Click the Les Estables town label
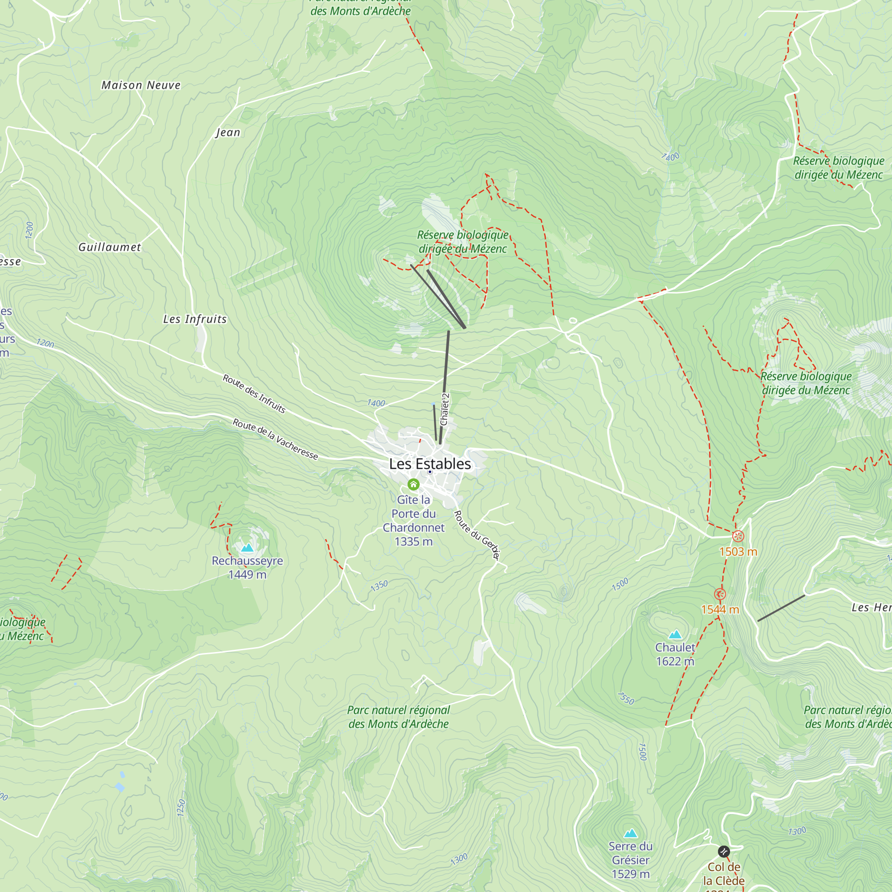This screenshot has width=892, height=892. click(430, 463)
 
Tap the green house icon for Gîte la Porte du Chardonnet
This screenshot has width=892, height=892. click(413, 484)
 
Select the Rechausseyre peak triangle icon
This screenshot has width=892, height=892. click(248, 548)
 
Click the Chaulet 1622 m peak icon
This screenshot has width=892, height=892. click(675, 634)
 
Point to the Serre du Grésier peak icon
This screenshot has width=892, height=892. click(631, 834)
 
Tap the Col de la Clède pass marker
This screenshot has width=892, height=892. click(724, 851)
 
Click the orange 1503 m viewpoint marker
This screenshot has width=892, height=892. click(738, 536)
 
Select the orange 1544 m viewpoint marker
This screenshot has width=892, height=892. click(720, 594)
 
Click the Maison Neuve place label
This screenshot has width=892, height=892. click(141, 86)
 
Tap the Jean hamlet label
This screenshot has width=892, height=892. click(228, 132)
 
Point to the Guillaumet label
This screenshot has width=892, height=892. click(109, 247)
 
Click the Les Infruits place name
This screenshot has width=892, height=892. click(195, 319)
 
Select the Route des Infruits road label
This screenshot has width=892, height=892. click(254, 394)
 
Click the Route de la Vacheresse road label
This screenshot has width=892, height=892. click(275, 439)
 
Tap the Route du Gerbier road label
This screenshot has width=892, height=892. click(477, 535)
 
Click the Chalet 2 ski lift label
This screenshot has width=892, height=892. click(445, 409)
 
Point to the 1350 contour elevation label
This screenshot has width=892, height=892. click(379, 586)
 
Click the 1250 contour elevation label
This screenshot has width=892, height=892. click(181, 808)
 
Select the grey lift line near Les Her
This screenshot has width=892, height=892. click(781, 608)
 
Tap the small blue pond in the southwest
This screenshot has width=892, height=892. click(120, 787)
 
